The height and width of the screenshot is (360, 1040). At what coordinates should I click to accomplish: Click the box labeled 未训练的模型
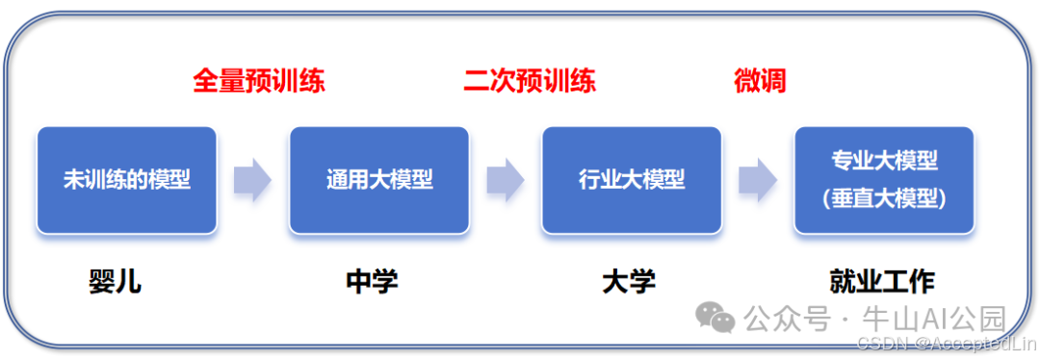(x=126, y=180)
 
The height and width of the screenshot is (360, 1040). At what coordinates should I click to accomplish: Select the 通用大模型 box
(x=378, y=180)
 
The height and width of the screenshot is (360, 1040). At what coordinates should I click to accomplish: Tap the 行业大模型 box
(x=631, y=180)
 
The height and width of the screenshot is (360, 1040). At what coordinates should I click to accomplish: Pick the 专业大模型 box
(x=883, y=180)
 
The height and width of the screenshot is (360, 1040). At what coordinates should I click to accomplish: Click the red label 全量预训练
(x=259, y=81)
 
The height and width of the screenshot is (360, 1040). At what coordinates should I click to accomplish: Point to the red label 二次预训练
(x=529, y=81)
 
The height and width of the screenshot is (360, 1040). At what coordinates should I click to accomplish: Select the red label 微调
(x=760, y=81)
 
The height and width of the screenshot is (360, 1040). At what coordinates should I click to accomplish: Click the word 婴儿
(x=115, y=281)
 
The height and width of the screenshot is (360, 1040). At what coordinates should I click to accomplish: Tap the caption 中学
(x=372, y=281)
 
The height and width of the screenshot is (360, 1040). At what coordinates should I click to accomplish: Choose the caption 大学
(x=629, y=281)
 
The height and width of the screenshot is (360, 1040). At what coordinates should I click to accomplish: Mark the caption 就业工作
(x=882, y=281)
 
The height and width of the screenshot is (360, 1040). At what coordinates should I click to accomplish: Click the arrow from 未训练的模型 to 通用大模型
(x=252, y=180)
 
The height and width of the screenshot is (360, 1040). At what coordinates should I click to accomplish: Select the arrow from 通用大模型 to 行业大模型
(x=505, y=180)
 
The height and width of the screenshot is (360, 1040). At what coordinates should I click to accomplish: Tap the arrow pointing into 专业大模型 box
(x=758, y=180)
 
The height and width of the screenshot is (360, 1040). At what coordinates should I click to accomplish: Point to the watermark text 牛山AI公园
(x=936, y=317)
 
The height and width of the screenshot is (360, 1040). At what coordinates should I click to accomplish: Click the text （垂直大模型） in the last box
(x=884, y=198)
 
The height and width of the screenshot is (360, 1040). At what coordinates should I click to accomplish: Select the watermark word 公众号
(x=787, y=317)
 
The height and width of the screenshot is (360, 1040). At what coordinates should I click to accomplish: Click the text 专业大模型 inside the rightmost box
(x=884, y=160)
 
